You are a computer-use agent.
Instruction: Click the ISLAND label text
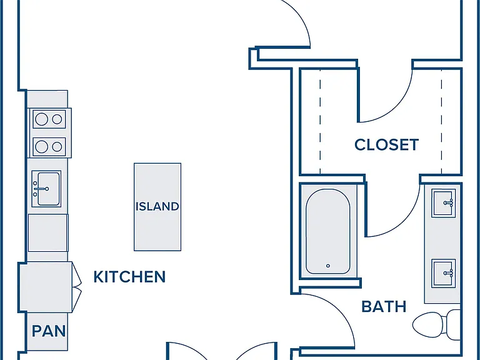(157, 206)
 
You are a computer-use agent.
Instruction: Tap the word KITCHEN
(129, 277)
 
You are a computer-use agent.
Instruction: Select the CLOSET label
(386, 145)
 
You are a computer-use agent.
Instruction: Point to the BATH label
(384, 306)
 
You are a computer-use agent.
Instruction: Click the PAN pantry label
(49, 331)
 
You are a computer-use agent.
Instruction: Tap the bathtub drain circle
(328, 266)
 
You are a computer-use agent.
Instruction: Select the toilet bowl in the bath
(428, 324)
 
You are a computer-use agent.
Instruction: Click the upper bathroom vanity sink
(443, 203)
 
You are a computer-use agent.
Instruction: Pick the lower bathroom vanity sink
(443, 273)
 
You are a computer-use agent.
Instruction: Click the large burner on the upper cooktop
(41, 119)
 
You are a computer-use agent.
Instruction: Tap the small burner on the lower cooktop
(57, 147)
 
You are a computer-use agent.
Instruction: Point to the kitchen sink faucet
(41, 189)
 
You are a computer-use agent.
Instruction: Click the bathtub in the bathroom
(328, 231)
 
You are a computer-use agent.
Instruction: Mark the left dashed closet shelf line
(320, 122)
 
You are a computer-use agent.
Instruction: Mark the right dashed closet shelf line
(441, 122)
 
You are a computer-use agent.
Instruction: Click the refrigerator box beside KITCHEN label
(46, 287)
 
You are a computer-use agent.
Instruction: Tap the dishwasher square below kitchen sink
(47, 233)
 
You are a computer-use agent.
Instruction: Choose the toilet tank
(453, 324)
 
